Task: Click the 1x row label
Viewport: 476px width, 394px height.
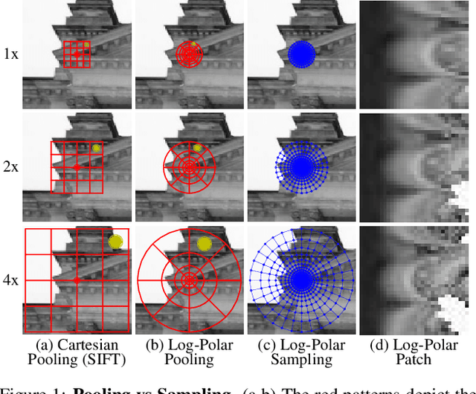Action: (10, 55)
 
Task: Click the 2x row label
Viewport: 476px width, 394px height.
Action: (10, 167)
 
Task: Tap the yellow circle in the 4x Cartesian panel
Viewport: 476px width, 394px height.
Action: (115, 241)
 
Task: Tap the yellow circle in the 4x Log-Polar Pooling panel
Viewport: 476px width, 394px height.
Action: (203, 243)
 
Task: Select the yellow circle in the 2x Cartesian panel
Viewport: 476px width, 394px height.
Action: (96, 149)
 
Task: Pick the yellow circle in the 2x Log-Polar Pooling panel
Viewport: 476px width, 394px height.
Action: (197, 148)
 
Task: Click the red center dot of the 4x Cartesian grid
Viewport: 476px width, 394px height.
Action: (77, 280)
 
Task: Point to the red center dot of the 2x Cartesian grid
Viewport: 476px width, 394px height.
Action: (77, 168)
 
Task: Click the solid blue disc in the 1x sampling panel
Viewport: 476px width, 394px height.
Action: (301, 55)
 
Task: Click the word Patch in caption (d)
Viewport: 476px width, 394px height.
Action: (416, 360)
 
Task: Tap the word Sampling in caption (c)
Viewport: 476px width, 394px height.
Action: (302, 360)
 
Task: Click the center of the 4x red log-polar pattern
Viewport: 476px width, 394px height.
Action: (189, 280)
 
